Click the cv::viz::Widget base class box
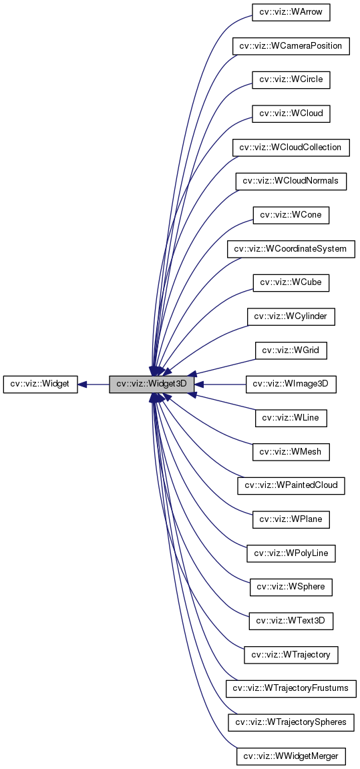[40, 384]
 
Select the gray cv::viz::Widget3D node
[152, 384]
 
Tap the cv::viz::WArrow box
[291, 12]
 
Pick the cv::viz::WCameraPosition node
[291, 46]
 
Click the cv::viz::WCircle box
[291, 79]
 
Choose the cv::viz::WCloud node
[291, 113]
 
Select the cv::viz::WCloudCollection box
[291, 148]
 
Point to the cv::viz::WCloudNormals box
[291, 181]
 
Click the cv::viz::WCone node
[291, 215]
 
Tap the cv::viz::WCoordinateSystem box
[291, 249]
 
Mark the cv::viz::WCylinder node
[291, 316]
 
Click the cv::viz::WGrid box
[291, 350]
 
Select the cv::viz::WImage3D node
[291, 384]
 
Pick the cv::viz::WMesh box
[291, 451]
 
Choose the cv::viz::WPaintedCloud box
[291, 485]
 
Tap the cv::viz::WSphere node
[291, 587]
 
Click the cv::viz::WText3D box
[291, 621]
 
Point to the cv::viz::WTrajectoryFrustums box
[291, 688]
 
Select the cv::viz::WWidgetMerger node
[291, 756]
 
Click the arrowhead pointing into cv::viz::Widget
[83, 384]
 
